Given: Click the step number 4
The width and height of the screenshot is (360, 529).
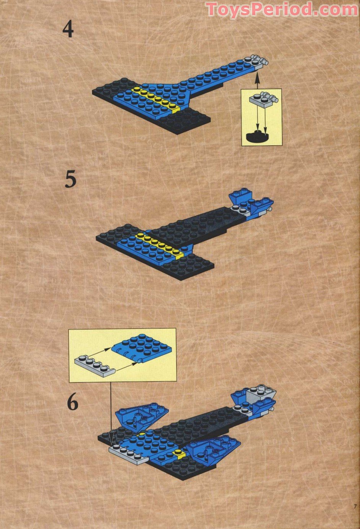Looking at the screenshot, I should pos(68,30).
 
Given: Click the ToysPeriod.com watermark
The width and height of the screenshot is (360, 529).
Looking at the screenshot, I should pos(282,9).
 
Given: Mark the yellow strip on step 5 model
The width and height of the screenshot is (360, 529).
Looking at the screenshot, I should pos(160,245).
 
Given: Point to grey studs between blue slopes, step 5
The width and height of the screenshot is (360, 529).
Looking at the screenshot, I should pos(241,210).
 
